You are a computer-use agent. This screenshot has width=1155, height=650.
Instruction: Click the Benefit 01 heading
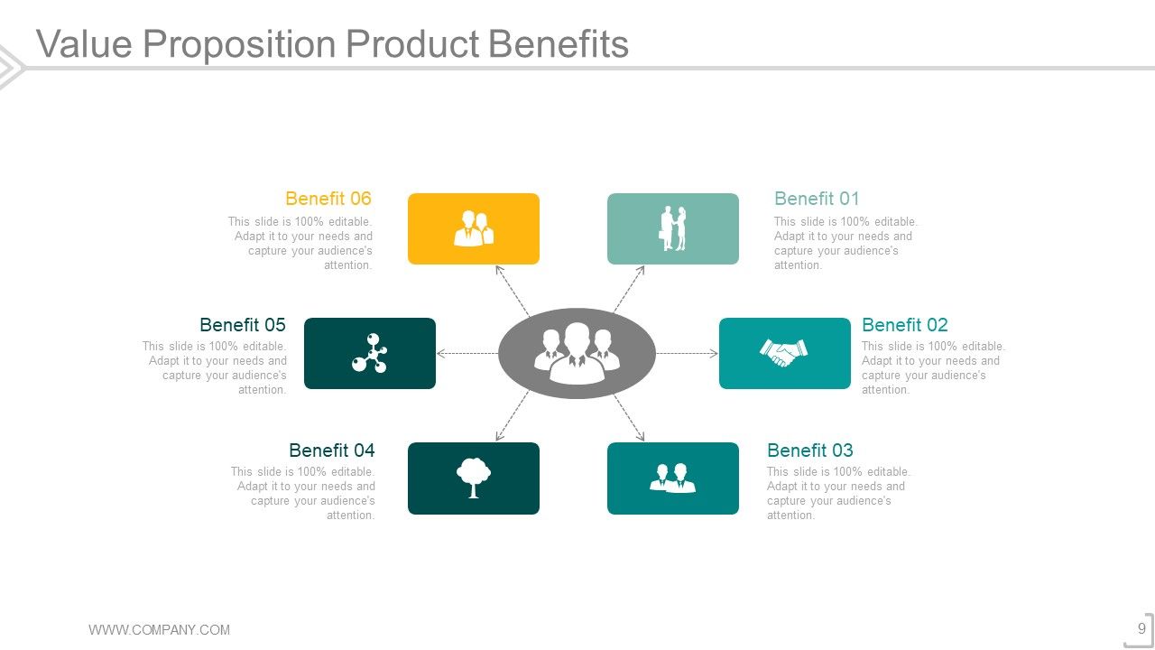[x=817, y=199]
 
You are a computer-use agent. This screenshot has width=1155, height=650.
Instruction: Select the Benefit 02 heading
[x=904, y=325]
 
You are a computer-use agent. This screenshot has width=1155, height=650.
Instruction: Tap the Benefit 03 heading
[x=809, y=450]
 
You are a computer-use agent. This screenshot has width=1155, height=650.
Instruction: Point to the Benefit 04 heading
[x=331, y=450]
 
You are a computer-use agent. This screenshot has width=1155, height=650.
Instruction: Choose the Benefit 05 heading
[x=242, y=325]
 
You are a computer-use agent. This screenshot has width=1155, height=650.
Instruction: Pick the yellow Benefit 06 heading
[x=328, y=199]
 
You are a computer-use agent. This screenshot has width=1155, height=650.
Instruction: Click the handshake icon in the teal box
[x=784, y=353]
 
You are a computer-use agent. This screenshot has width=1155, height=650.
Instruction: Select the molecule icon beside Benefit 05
[x=369, y=353]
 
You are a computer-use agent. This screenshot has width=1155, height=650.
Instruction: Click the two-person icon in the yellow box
[x=473, y=228]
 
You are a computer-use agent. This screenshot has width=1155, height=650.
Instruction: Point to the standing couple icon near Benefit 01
[x=673, y=228]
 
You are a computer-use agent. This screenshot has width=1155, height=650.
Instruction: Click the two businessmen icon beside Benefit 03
[x=673, y=478]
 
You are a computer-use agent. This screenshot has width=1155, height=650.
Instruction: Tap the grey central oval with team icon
[x=577, y=353]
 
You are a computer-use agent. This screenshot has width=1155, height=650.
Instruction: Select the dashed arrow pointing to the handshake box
[x=687, y=354]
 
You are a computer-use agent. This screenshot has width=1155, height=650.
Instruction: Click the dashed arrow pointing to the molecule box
[x=467, y=354]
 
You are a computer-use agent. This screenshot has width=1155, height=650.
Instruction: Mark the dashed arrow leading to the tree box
[x=513, y=416]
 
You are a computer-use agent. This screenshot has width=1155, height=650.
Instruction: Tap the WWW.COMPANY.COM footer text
[x=159, y=630]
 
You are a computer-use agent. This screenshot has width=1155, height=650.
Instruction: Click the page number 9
[x=1141, y=629]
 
